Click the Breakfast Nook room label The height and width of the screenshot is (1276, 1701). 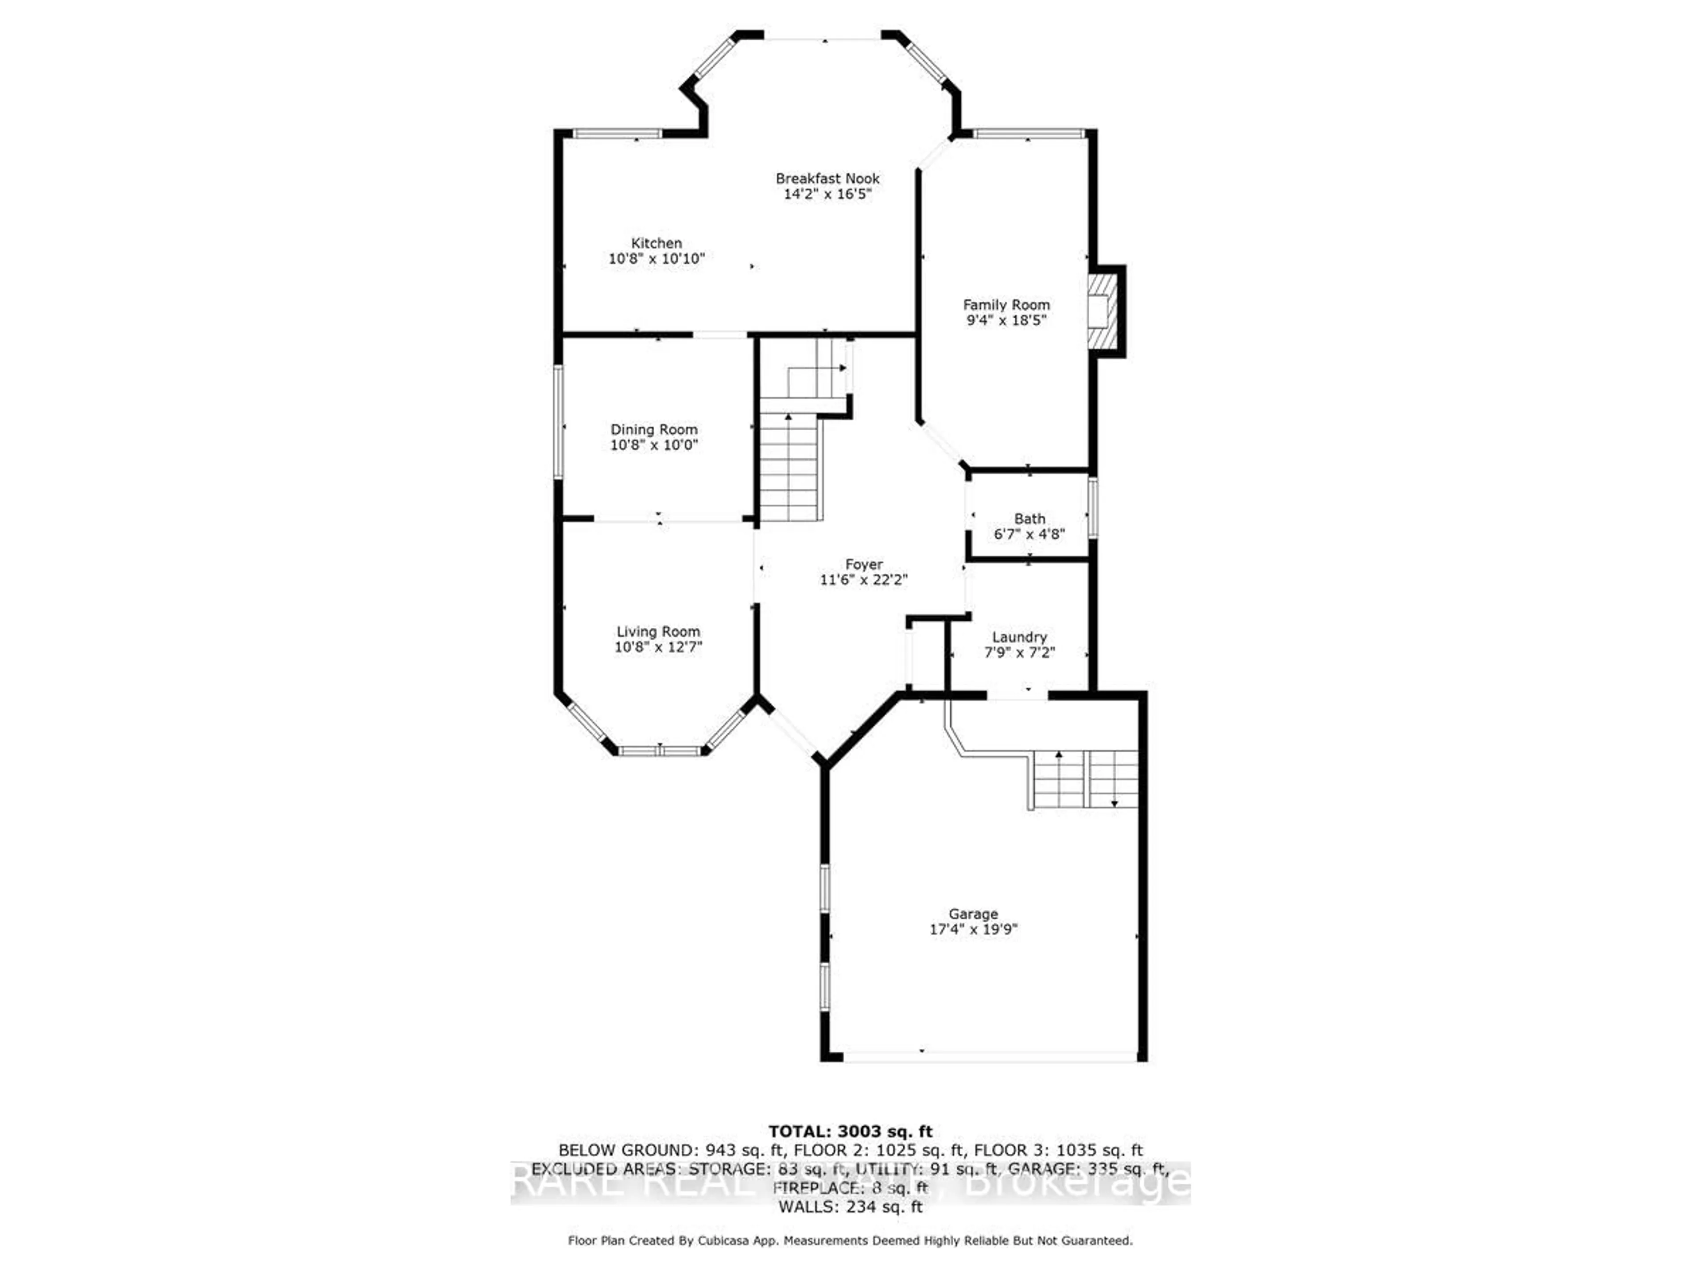coord(827,179)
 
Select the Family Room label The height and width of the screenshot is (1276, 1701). coord(1006,304)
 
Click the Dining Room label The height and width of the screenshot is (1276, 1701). coord(654,429)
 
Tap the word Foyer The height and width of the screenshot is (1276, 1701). coord(864,564)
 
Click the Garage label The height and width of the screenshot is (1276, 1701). coord(974,914)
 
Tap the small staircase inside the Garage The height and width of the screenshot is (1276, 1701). coord(1084,778)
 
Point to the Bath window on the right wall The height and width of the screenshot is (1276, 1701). coord(1092,508)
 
